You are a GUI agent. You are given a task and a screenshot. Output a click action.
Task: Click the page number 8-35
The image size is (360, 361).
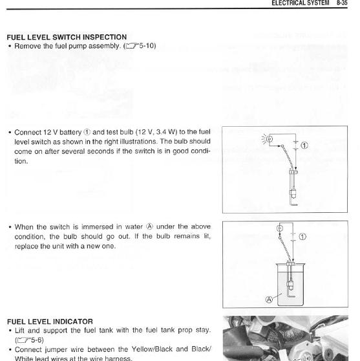point(342,3)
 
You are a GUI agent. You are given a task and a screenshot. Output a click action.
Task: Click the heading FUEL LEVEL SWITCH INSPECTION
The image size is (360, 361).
point(67,37)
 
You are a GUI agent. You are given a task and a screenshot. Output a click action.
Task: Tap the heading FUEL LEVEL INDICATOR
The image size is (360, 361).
point(50,322)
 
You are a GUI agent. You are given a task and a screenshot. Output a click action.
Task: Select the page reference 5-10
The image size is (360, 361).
point(147,45)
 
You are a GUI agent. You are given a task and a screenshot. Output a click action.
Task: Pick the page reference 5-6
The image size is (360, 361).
point(37,340)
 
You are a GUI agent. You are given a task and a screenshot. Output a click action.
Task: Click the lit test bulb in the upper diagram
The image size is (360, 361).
point(270,139)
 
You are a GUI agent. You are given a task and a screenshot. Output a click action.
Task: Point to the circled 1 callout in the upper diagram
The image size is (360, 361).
point(304,146)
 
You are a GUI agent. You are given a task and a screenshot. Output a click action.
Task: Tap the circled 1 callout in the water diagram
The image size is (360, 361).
point(302,237)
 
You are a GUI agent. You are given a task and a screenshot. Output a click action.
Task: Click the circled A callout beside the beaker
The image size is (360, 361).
point(269,300)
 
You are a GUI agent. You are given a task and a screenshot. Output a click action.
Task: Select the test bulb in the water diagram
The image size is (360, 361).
point(280,228)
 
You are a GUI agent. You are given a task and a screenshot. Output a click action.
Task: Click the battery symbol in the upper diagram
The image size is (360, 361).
point(296,146)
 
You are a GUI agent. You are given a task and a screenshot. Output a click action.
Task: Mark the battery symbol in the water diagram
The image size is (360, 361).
point(293,237)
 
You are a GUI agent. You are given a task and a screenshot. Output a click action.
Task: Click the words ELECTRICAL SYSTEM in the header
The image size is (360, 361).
point(300,3)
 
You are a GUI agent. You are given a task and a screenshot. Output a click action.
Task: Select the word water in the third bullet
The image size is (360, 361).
point(134,227)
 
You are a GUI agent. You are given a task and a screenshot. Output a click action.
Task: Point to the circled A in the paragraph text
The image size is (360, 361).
point(149,226)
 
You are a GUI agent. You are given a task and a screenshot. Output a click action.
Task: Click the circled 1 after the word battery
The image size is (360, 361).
point(87,133)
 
